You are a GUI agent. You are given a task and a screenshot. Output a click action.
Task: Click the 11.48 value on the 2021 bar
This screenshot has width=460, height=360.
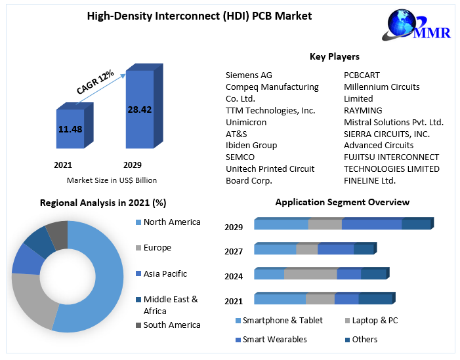point(70,129)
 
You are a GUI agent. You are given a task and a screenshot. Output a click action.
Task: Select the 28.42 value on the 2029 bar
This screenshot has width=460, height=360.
point(139,110)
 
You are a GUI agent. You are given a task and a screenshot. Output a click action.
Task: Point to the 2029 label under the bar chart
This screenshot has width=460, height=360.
point(132,165)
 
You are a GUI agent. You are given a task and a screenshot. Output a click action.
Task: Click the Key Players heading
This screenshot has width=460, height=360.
point(335,57)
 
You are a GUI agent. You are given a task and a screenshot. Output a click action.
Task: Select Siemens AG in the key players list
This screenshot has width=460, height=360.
point(249,75)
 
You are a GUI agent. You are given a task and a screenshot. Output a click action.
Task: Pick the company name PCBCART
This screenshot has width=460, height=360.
point(362,75)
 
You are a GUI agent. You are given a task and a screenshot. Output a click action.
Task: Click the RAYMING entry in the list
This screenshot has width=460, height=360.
point(363,110)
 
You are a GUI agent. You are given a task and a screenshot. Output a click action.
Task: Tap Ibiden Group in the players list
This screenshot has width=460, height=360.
point(251,145)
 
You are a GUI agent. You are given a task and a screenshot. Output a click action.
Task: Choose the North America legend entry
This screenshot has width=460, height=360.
point(171,222)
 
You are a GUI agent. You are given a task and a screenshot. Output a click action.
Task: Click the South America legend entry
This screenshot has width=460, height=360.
point(171,325)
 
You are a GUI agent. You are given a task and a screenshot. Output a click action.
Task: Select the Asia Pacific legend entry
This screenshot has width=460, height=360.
point(165,273)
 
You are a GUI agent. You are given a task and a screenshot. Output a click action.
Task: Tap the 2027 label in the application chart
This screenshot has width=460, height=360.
point(234,251)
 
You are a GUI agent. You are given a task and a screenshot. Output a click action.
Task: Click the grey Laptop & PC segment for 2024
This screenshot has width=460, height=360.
point(310,274)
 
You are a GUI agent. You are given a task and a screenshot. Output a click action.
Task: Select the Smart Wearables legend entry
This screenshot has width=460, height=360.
point(274,339)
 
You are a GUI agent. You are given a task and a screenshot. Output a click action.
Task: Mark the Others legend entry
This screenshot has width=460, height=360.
point(364,339)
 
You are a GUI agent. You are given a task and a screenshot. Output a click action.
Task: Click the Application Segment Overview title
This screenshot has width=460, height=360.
point(342,203)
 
